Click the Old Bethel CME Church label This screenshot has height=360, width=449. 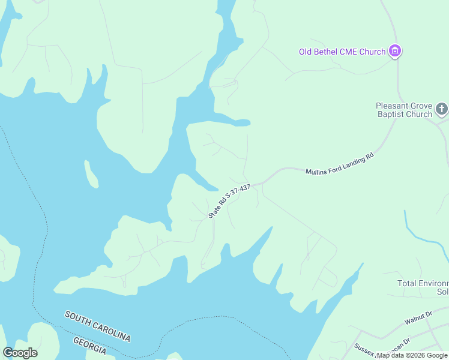pyautogui.click(x=342, y=52)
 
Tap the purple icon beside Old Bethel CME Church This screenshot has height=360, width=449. pyautogui.click(x=395, y=51)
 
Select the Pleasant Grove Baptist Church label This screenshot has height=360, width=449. pyautogui.click(x=405, y=109)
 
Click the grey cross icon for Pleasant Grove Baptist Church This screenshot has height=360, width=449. pyautogui.click(x=442, y=109)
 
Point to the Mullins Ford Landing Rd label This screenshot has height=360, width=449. pyautogui.click(x=339, y=163)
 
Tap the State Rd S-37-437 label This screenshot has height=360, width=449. pyautogui.click(x=229, y=201)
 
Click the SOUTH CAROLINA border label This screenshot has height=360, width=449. pyautogui.click(x=97, y=326)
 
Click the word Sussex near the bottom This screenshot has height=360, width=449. pyautogui.click(x=364, y=347)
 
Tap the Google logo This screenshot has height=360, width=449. pyautogui.click(x=20, y=353)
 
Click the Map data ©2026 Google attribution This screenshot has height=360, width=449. pyautogui.click(x=412, y=355)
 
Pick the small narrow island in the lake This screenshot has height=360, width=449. pyautogui.click(x=91, y=174)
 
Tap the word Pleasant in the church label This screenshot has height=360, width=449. pyautogui.click(x=394, y=105)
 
